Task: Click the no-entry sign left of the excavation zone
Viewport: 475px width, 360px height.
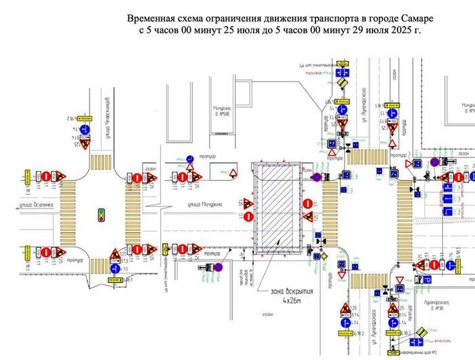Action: coord(248,217)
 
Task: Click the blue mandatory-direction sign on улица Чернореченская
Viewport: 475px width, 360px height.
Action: coord(85,129)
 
